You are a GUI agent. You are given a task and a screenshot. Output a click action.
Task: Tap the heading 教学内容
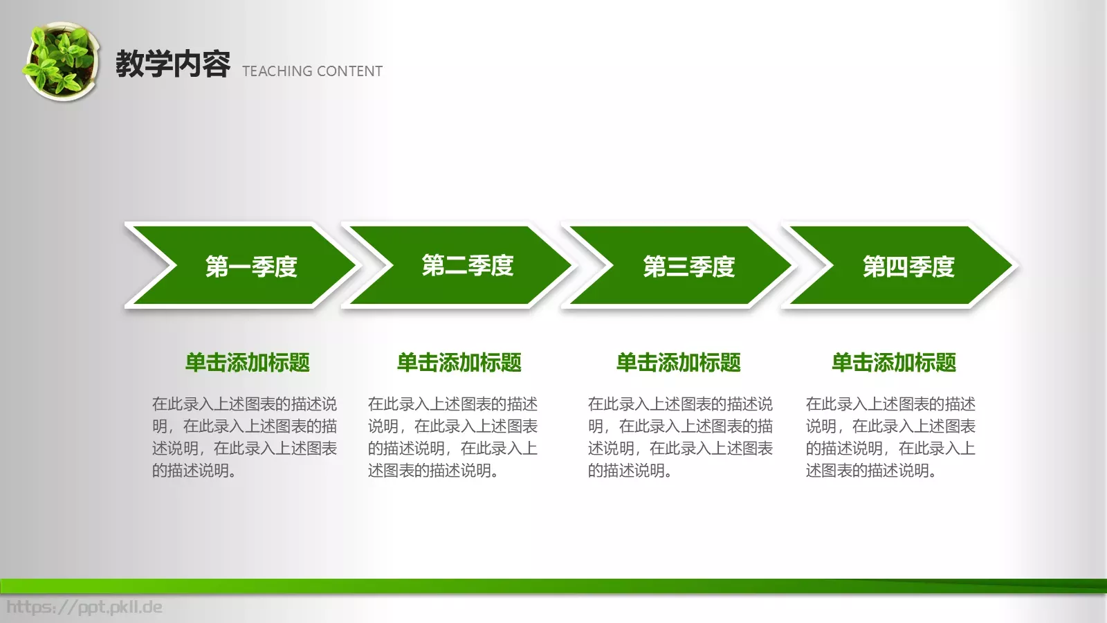172,64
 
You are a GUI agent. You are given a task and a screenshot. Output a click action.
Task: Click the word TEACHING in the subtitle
277,71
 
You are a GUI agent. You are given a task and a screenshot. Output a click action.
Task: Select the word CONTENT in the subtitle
349,71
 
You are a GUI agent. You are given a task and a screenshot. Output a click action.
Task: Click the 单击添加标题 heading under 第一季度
247,362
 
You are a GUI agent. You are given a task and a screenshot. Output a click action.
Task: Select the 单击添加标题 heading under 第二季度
459,362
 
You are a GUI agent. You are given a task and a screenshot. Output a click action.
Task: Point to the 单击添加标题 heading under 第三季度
678,362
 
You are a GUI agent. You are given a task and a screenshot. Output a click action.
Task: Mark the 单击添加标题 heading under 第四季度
893,362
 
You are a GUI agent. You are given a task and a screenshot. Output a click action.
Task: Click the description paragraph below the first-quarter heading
244,437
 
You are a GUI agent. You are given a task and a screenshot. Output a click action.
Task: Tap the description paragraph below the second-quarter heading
452,437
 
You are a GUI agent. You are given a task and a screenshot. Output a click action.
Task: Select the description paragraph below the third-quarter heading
680,437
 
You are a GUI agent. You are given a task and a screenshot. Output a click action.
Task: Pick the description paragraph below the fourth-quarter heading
890,437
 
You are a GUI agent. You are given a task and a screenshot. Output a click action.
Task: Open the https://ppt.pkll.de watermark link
84,607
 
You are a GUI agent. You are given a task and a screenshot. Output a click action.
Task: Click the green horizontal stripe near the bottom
553,586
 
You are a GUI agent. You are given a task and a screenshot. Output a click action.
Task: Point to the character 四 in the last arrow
897,267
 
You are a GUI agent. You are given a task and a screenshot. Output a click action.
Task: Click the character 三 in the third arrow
677,267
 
